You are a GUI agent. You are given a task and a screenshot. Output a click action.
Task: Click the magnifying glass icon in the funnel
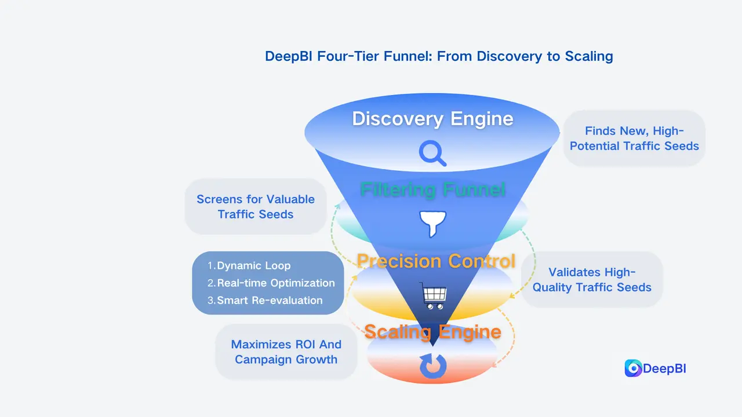[432, 153]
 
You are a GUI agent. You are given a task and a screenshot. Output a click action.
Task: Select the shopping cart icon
[434, 297]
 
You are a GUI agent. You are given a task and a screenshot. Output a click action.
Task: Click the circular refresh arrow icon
[433, 366]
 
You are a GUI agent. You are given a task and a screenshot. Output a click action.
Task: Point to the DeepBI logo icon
[633, 368]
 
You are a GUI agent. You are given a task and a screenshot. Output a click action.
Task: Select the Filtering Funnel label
[432, 190]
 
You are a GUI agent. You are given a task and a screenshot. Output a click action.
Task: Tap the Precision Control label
[435, 261]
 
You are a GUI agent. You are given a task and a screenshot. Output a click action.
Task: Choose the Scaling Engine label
[432, 332]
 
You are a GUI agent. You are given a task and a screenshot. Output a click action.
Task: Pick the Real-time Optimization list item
[275, 283]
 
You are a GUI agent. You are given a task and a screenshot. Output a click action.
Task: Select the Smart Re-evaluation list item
[269, 301]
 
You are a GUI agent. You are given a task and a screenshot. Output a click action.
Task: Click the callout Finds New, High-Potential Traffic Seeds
[634, 139]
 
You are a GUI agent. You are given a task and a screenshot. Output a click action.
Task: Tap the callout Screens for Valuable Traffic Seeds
[256, 207]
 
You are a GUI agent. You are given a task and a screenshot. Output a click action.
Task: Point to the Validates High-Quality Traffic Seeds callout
[592, 280]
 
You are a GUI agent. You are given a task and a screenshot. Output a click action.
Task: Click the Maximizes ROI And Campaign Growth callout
[286, 352]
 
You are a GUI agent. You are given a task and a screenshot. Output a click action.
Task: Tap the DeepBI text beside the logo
[665, 368]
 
